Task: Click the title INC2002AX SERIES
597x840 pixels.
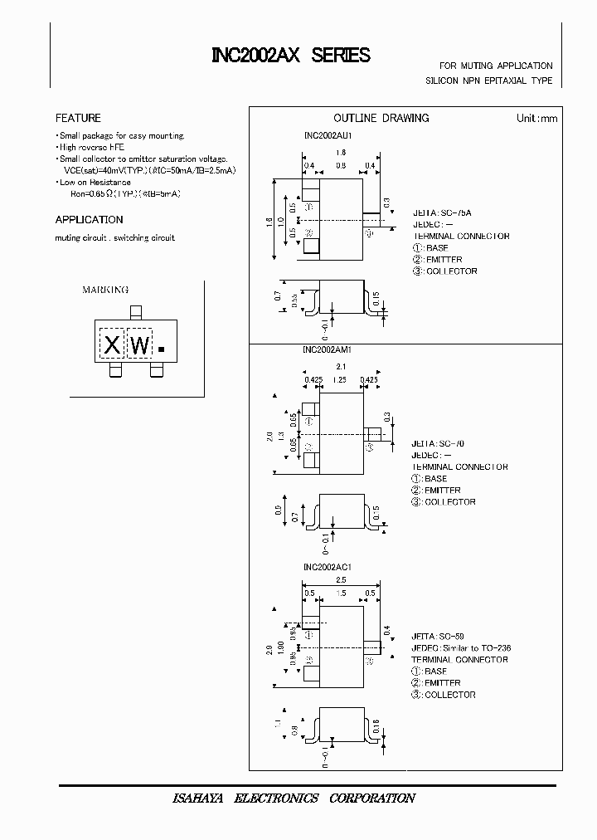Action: click(290, 56)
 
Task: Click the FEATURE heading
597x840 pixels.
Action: click(78, 118)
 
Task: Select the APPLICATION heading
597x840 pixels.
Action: click(89, 220)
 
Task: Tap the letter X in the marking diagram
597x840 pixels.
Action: click(113, 345)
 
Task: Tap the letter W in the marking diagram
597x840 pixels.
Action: click(141, 345)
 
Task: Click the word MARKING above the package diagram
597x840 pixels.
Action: click(105, 290)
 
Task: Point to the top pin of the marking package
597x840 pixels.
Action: click(135, 312)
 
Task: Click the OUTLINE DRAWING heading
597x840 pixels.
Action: click(381, 118)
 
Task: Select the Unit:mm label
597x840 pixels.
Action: click(537, 118)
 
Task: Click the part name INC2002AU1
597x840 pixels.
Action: click(328, 134)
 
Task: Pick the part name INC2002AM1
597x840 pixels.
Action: click(328, 350)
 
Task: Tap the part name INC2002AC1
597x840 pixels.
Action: click(328, 567)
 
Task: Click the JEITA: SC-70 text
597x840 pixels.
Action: click(441, 443)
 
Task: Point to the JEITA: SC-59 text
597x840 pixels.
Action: click(441, 636)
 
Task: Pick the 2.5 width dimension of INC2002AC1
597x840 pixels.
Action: click(342, 581)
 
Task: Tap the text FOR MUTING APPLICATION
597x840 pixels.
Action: click(496, 66)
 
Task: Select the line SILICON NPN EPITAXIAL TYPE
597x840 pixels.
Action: click(488, 81)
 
